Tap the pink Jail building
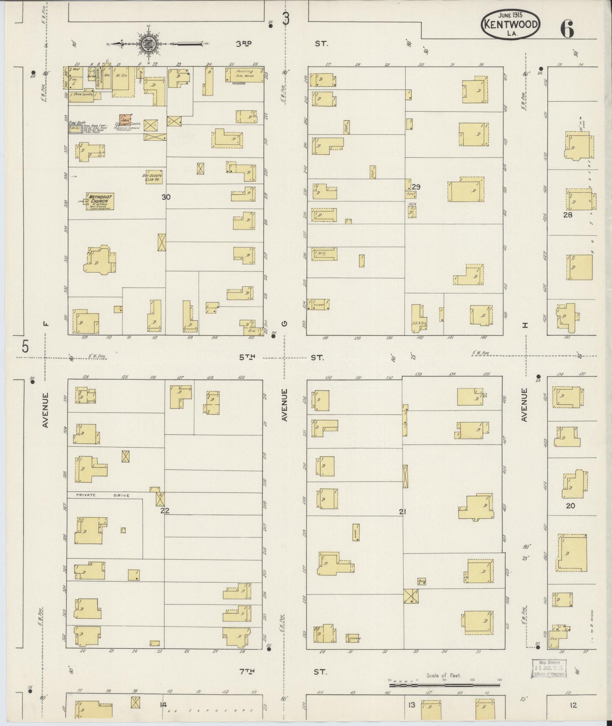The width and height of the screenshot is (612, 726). pyautogui.click(x=125, y=120)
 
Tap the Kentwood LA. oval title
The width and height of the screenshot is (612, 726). pyautogui.click(x=510, y=25)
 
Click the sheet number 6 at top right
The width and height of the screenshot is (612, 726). pyautogui.click(x=567, y=29)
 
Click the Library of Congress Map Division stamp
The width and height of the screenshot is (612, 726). pyautogui.click(x=549, y=669)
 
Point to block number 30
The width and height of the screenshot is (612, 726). pyautogui.click(x=166, y=197)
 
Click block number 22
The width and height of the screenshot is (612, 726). pyautogui.click(x=164, y=511)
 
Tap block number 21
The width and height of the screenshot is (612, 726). pyautogui.click(x=402, y=512)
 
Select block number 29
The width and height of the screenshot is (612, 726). pyautogui.click(x=416, y=187)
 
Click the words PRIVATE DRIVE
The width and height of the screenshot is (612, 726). pyautogui.click(x=102, y=495)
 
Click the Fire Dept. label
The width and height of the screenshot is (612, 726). pyautogui.click(x=78, y=122)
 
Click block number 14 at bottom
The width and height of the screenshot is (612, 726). pyautogui.click(x=163, y=705)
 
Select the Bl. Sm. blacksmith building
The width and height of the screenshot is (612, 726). pyautogui.click(x=118, y=79)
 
